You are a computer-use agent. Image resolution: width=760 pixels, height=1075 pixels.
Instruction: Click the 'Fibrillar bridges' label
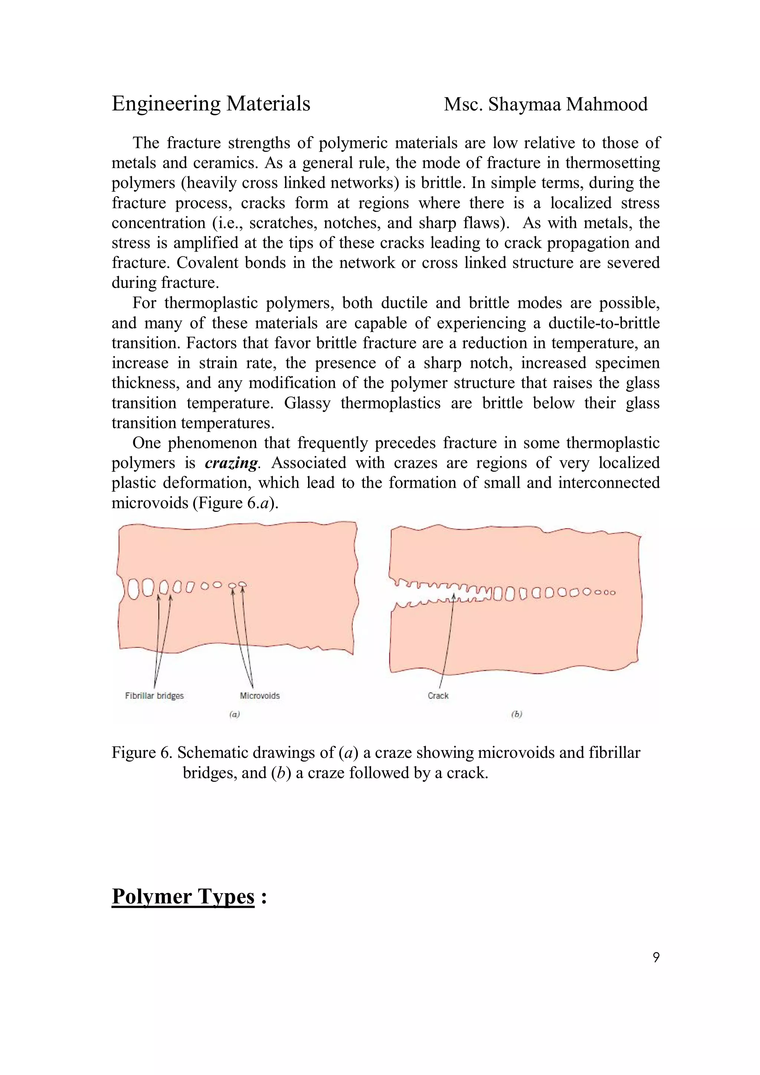pos(154,696)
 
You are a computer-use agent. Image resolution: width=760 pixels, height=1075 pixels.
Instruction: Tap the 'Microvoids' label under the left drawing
pos(259,696)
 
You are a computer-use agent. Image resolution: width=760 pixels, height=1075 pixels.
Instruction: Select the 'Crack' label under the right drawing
pos(438,696)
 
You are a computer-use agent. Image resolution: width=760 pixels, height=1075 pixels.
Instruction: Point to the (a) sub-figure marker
pos(234,714)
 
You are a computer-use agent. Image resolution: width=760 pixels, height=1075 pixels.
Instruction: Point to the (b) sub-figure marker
pos(516,714)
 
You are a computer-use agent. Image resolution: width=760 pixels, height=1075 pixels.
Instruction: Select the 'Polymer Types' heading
pos(183,896)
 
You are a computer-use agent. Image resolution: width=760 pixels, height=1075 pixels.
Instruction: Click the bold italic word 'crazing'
pos(231,463)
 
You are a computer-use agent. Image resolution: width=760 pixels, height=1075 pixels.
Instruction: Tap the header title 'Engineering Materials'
pos(211,103)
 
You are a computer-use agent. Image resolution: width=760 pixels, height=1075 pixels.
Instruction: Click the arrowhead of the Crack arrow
pos(454,596)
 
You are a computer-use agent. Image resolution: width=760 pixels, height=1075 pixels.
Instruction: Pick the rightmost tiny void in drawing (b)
pos(612,593)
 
